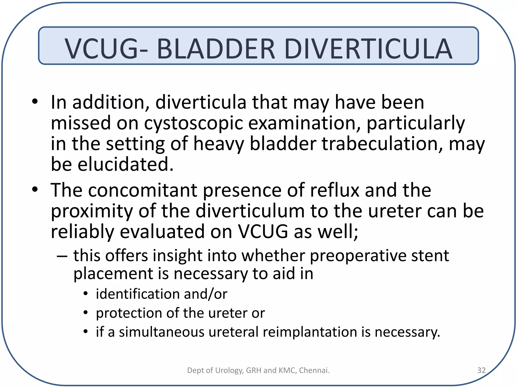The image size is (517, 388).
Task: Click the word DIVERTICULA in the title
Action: click(368, 48)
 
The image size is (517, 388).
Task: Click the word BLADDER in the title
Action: click(216, 48)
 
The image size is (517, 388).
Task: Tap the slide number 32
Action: click(481, 370)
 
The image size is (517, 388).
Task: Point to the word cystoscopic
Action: click(193, 123)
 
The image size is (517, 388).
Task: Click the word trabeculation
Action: click(382, 144)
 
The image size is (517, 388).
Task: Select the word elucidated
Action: click(125, 164)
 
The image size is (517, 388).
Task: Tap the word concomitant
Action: click(142, 190)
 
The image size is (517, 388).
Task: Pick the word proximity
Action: click(92, 211)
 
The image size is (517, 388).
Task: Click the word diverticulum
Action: click(250, 211)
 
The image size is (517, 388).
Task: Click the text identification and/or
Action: click(162, 294)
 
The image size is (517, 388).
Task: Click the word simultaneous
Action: click(162, 332)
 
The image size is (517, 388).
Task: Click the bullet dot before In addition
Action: click(35, 102)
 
